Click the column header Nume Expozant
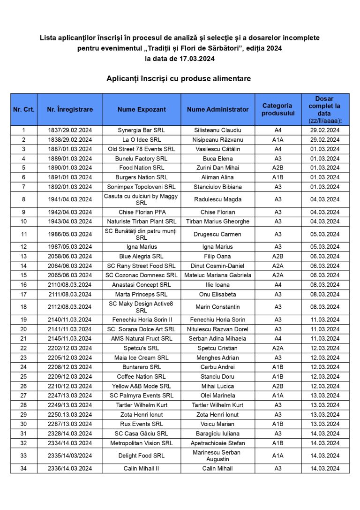142,109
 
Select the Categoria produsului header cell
277,109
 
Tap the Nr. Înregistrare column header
70,109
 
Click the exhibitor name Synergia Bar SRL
142,130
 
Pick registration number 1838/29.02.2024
70,140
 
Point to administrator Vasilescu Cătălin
217,149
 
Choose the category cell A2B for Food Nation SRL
277,168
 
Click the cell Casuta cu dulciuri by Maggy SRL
142,199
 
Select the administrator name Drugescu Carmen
217,234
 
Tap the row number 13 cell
24,256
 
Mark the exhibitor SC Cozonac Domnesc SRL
142,275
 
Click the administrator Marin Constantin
217,307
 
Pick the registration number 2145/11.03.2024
70,339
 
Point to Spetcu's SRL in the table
142,348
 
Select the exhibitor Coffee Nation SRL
142,377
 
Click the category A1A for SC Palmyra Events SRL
277,396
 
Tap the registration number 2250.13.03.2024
70,415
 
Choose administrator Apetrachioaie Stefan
217,443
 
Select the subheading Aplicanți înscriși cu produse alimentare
179,78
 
